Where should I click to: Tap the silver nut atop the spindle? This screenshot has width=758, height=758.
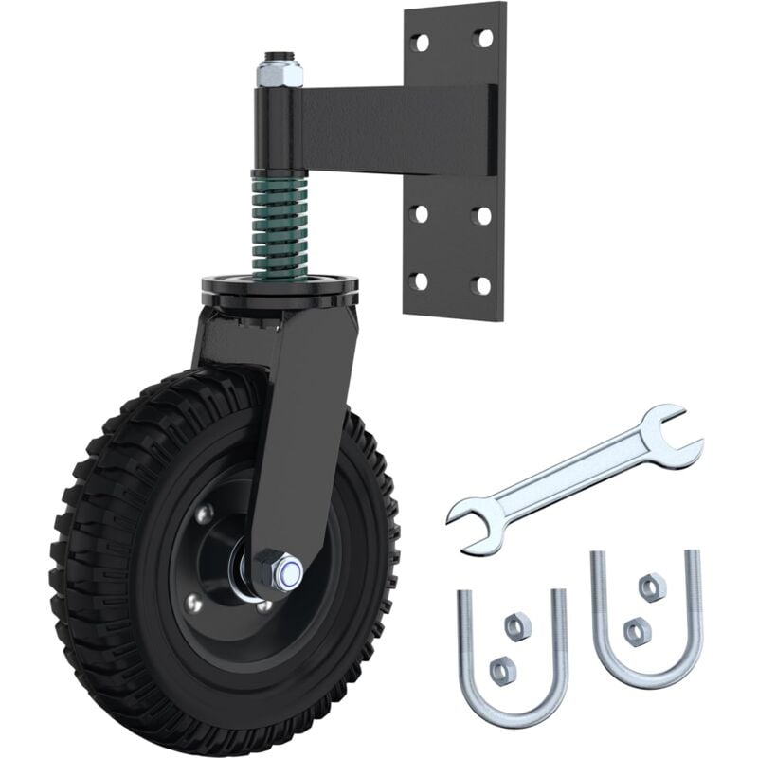click(x=279, y=70)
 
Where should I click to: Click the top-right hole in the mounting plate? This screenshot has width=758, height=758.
click(x=484, y=39)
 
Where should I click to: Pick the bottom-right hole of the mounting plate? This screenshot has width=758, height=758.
click(x=482, y=284)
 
